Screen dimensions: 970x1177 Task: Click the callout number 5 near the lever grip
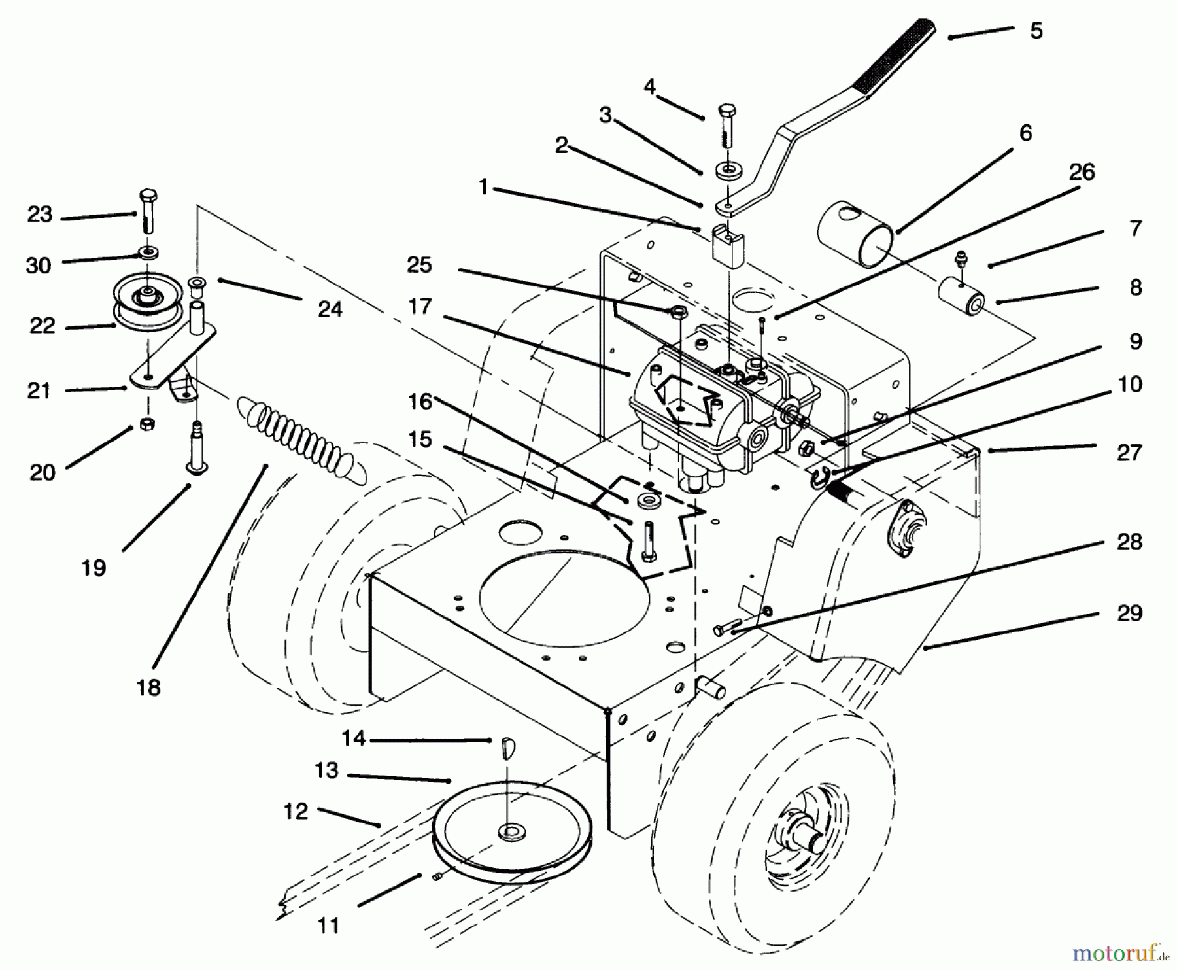(x=1036, y=31)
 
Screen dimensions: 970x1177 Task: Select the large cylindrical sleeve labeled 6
(x=855, y=234)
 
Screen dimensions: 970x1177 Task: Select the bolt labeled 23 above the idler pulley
(x=148, y=211)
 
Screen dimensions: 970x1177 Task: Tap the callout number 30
(x=39, y=265)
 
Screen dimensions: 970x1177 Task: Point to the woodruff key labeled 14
(x=507, y=747)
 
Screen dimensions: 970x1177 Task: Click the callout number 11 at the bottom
(x=328, y=925)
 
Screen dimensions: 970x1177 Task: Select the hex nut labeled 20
(x=147, y=424)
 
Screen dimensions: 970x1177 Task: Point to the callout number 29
(x=1129, y=613)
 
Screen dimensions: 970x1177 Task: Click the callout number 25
(x=419, y=264)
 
